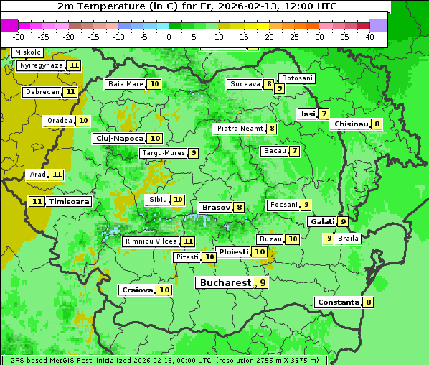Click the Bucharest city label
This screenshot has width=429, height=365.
225,283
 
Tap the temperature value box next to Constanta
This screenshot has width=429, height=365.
369,302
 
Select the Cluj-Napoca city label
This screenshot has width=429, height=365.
119,138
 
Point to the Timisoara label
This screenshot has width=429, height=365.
70,202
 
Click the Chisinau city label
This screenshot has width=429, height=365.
351,124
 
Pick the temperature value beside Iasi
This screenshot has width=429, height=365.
324,114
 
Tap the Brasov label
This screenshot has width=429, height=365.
216,207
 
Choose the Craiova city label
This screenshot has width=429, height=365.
137,290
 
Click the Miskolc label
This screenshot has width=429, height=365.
27,52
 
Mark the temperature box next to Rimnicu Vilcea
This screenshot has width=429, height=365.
188,241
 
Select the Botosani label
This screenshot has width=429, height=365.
297,78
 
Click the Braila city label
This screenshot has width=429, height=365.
348,239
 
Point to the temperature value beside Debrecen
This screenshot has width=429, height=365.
70,92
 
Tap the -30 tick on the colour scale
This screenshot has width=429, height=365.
19,37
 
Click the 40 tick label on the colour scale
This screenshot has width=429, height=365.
369,37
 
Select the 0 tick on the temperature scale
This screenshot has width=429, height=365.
169,37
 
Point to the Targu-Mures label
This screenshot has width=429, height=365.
164,153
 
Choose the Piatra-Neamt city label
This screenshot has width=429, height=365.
240,129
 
